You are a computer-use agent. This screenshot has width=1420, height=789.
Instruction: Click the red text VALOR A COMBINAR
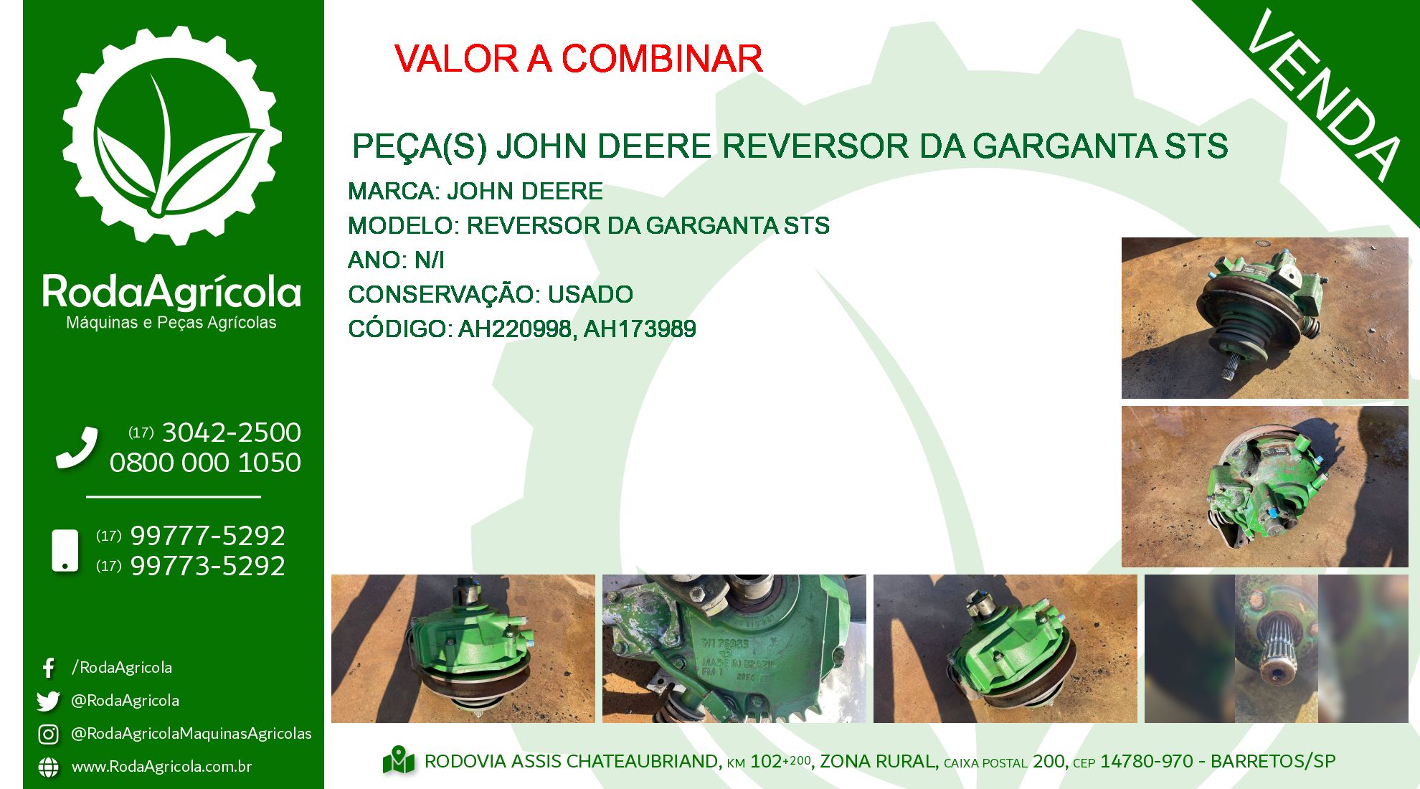578,59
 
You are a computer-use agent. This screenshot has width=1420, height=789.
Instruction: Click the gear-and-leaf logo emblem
172,136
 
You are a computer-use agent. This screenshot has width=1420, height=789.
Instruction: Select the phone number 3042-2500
231,433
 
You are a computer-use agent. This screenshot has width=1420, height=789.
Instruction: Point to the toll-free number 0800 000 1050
205,463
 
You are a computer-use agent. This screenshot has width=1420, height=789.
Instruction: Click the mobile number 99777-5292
207,536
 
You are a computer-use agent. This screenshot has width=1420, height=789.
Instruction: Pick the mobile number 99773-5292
207,566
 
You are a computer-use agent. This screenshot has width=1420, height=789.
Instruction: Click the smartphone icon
65,551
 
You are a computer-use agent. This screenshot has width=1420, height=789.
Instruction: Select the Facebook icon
48,668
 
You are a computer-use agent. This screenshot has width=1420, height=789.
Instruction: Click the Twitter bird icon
48,701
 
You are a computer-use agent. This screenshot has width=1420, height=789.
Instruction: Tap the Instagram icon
48,734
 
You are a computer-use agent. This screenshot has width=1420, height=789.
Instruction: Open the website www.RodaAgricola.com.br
161,767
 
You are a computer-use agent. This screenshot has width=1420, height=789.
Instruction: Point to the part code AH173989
640,329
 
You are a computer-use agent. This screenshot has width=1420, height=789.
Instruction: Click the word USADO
590,295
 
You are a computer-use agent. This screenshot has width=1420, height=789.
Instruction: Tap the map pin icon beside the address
399,761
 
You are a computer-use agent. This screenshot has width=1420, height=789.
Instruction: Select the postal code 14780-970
1147,761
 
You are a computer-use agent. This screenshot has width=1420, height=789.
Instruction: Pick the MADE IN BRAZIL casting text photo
734,648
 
